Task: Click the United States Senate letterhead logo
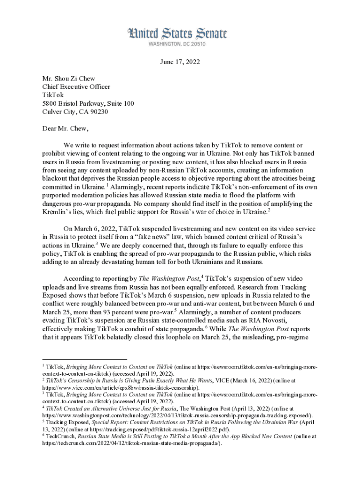click(x=177, y=34)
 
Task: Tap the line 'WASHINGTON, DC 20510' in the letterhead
click(x=177, y=44)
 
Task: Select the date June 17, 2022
click(x=180, y=63)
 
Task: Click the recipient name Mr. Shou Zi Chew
click(x=68, y=79)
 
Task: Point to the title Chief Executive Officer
click(x=76, y=87)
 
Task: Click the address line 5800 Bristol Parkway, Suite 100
click(x=88, y=103)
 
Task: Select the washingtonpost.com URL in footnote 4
click(x=178, y=415)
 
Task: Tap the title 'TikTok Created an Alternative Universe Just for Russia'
click(x=108, y=408)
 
